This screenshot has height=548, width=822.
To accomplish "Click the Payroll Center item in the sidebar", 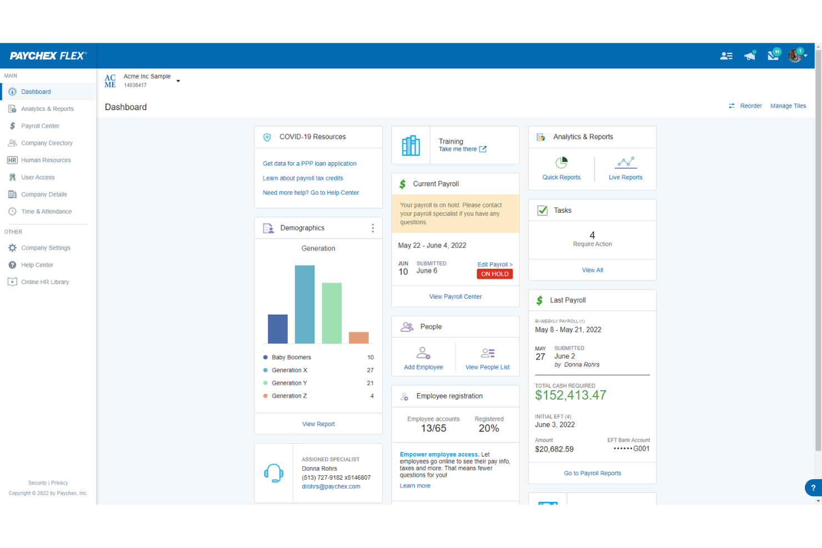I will coord(40,126).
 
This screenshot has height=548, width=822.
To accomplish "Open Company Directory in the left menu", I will coord(47,143).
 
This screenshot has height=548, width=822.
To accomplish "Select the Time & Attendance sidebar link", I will coord(46,212).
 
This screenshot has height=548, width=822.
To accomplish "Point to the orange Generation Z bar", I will coord(359,338).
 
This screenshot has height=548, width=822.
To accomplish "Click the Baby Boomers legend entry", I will coord(291,358).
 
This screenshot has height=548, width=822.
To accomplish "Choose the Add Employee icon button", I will coord(423,354).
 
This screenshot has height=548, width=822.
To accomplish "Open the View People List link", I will coord(487,367).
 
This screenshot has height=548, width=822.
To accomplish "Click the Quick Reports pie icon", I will coord(562,163).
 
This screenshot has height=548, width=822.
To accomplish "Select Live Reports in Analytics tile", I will coord(625,177).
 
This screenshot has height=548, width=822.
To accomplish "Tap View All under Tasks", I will coord(592,270).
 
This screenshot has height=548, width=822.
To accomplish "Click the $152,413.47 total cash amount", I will coord(570,395).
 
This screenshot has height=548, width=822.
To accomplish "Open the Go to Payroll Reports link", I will coord(592,474).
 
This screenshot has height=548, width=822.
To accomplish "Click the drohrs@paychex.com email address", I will coord(331,487).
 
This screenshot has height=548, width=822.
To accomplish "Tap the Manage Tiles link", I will coord(788,106).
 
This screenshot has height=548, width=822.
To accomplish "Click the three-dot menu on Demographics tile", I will coord(373,228).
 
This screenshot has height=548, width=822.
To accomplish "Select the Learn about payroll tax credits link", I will coord(303,178).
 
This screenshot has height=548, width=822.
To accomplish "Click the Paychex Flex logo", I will coord(48,56).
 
